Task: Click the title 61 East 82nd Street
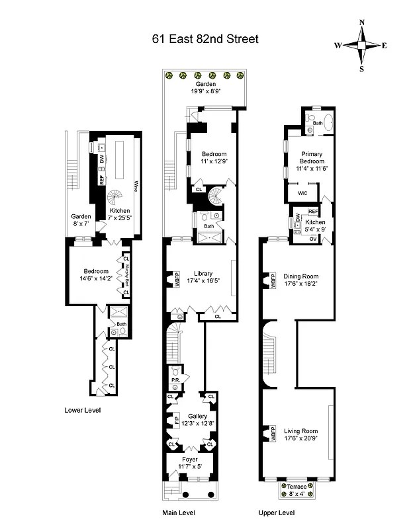click(204, 39)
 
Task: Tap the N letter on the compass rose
click(361, 22)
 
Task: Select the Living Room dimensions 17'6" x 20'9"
click(300, 438)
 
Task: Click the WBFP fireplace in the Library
click(177, 281)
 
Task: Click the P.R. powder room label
click(177, 380)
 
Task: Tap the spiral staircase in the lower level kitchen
click(116, 196)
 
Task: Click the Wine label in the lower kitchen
click(136, 186)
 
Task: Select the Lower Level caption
click(83, 409)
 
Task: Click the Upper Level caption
click(277, 512)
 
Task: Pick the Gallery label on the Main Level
click(197, 416)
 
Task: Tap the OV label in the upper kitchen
click(313, 239)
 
